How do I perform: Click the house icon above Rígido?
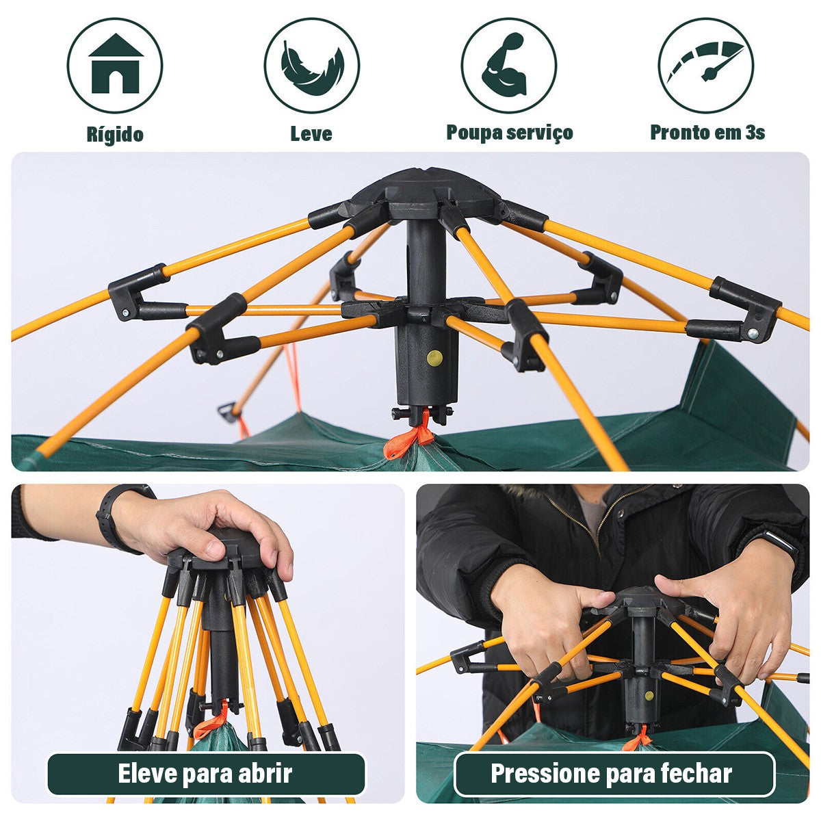click(x=115, y=64)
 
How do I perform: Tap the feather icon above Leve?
click(x=312, y=66)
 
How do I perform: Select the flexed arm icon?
click(x=508, y=66)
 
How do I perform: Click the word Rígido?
click(x=115, y=133)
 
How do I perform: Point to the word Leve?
click(x=311, y=133)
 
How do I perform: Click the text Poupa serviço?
click(x=509, y=132)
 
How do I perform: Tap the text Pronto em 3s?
click(x=707, y=132)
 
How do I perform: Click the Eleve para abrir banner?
click(x=205, y=774)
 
